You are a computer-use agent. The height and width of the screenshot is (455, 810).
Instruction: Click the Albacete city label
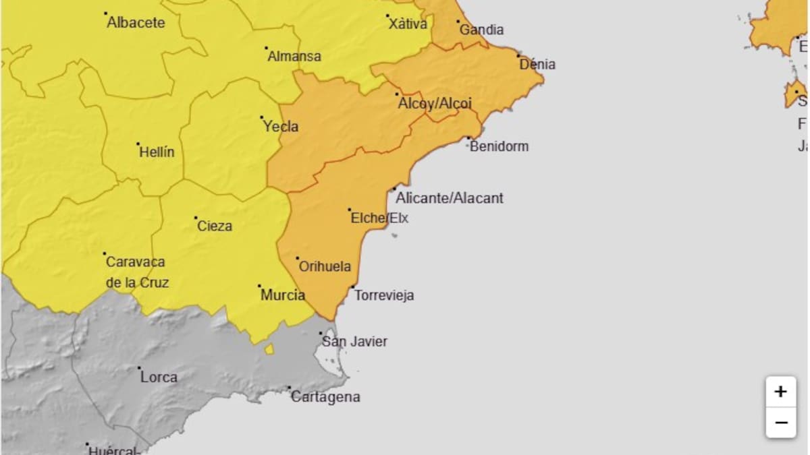tap(136, 23)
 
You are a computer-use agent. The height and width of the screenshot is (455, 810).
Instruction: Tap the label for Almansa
tap(294, 57)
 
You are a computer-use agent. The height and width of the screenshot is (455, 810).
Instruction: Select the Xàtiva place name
tap(408, 24)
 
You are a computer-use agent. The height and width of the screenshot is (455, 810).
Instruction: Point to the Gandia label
tap(481, 30)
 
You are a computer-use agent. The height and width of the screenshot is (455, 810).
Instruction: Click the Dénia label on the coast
tap(537, 65)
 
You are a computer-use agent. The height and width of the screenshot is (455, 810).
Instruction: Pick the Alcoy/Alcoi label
tap(435, 104)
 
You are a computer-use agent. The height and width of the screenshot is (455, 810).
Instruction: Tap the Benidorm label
tap(499, 146)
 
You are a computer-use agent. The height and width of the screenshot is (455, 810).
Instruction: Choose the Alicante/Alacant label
tap(450, 198)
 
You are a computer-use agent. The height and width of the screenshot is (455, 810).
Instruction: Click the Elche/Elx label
tap(379, 218)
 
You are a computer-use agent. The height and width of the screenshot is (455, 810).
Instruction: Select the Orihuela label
tap(325, 267)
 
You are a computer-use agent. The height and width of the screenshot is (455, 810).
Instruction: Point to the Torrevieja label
tap(384, 295)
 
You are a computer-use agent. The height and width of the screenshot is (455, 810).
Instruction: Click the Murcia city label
tap(283, 295)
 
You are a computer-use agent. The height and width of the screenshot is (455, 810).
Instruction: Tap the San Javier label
tap(354, 342)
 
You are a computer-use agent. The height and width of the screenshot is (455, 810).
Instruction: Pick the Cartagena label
tap(325, 397)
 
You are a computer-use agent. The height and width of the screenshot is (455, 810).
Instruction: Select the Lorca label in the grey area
tap(159, 377)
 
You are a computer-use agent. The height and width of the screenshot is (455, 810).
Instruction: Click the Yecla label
tap(281, 127)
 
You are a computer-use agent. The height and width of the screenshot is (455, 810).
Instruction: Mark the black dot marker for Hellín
tap(138, 144)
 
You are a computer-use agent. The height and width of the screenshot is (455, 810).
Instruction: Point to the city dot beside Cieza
tap(196, 218)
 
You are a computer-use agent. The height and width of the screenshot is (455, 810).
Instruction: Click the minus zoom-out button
tap(781, 423)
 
